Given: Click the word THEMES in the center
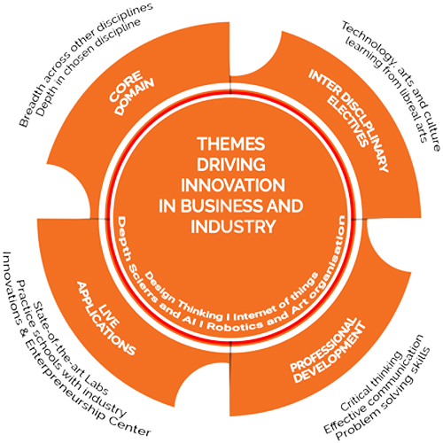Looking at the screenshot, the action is click(231, 144).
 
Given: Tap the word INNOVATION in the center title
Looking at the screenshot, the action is click(233, 185).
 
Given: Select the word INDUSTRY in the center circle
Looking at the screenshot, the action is click(233, 227).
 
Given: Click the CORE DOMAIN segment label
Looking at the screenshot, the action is click(131, 92).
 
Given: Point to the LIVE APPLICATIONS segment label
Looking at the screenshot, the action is click(106, 318).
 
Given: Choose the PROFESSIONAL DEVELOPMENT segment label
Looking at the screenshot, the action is click(328, 350).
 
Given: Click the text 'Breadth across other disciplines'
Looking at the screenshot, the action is click(86, 65).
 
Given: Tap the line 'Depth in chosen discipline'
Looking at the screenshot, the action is click(89, 67).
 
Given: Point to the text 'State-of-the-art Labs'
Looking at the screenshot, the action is click(71, 348).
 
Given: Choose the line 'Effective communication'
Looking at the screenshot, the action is click(374, 384).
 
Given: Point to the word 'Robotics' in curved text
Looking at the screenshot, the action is click(234, 325).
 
